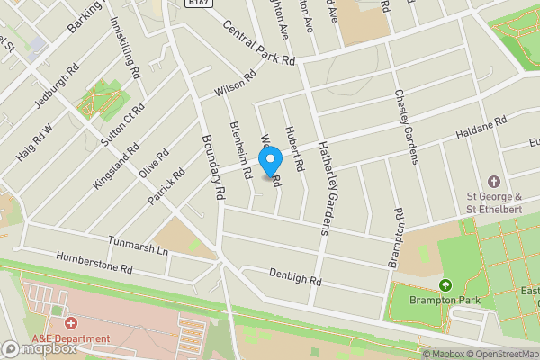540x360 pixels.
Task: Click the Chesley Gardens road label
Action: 407,127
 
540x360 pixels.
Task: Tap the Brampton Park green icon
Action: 444,285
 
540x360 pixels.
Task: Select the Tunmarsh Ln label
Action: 139,244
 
